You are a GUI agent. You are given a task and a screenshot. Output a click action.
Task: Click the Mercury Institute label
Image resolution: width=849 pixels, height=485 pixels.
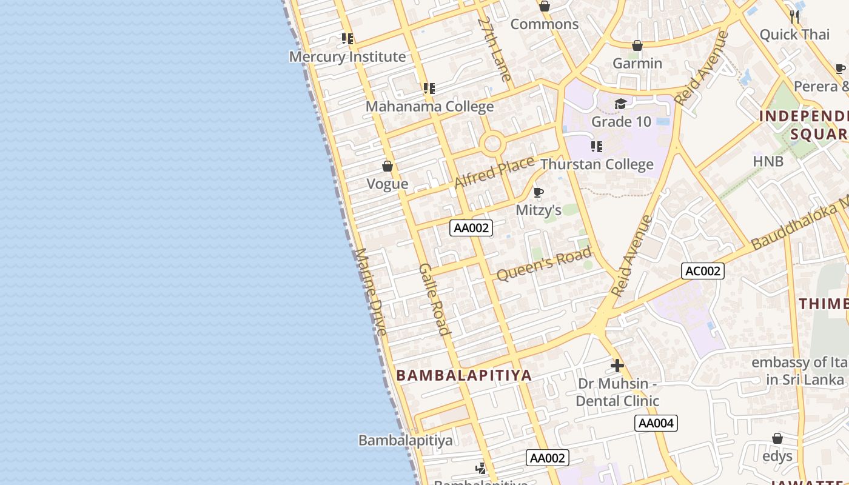click(347, 57)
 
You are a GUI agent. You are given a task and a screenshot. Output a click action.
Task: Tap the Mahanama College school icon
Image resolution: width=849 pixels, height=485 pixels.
click(429, 89)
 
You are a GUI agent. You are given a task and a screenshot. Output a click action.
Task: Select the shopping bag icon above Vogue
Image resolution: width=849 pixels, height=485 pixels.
click(388, 166)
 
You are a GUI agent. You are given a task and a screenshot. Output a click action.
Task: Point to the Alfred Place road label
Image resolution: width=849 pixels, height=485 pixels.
click(494, 172)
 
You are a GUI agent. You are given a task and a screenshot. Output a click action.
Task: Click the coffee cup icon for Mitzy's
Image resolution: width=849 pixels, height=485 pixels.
click(538, 193)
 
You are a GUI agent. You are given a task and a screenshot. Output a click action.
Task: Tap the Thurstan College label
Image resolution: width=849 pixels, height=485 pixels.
click(597, 164)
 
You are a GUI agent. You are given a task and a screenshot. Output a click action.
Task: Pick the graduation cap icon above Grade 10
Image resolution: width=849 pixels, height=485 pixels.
click(620, 104)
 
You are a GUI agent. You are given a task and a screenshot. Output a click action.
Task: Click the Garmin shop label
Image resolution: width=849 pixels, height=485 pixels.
click(637, 63)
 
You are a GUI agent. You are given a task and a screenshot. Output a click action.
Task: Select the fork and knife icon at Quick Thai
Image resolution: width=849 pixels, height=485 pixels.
click(794, 16)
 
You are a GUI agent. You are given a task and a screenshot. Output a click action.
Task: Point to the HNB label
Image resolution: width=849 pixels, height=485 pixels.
click(768, 161)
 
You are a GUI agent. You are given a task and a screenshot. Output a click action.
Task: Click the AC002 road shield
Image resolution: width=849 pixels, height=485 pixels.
click(703, 271)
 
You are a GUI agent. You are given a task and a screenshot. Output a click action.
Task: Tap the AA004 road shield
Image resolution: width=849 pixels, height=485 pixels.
click(656, 423)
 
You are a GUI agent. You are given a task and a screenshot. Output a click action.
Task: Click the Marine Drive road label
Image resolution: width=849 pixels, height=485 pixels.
click(371, 291)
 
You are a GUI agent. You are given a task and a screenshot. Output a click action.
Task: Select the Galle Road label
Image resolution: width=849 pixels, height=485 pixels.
click(435, 299)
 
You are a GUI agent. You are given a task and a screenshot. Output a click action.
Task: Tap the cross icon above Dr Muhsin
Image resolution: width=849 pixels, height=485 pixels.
click(617, 366)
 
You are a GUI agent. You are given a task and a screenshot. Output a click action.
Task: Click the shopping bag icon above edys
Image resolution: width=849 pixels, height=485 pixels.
click(777, 438)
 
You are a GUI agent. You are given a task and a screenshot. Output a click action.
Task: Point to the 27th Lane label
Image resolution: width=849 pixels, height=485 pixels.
click(494, 48)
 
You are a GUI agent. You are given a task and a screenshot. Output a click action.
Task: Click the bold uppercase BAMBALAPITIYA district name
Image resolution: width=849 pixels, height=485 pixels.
click(464, 375)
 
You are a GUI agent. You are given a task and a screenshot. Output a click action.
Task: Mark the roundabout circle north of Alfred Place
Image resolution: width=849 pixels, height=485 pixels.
click(492, 144)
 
